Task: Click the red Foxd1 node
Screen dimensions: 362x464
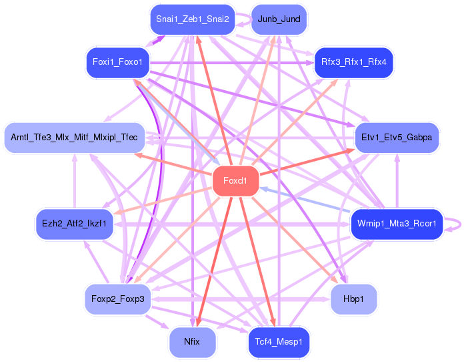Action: [235, 181]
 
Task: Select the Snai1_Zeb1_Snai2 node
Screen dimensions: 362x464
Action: [193, 19]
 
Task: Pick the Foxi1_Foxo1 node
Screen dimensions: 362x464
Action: [117, 62]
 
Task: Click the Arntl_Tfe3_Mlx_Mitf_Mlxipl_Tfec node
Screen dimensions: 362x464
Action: [75, 138]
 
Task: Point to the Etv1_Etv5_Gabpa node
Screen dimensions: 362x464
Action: [397, 138]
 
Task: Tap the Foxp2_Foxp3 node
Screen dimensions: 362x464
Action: [117, 299]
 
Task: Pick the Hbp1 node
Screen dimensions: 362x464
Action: [354, 299]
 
